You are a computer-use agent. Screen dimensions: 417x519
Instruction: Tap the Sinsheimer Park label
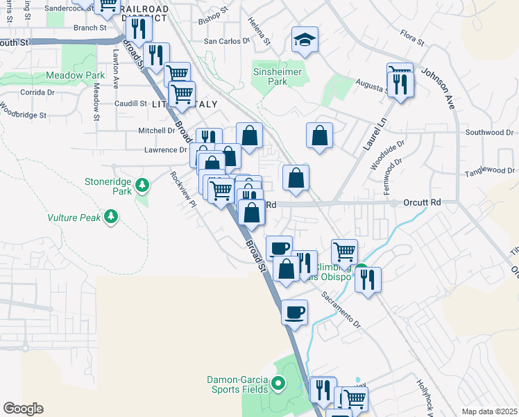[x=280, y=72]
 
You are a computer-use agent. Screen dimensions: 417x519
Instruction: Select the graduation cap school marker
[x=305, y=40]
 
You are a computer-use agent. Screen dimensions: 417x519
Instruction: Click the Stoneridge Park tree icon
[x=142, y=185]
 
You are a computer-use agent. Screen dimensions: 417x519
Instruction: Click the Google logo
[x=23, y=409]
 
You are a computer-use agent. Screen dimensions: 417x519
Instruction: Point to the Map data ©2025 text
[x=489, y=411]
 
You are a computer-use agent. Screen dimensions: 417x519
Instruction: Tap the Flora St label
[x=413, y=38]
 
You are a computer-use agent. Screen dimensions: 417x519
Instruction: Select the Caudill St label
[x=130, y=104]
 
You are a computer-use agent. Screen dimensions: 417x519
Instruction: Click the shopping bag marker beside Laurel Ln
[x=319, y=136]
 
